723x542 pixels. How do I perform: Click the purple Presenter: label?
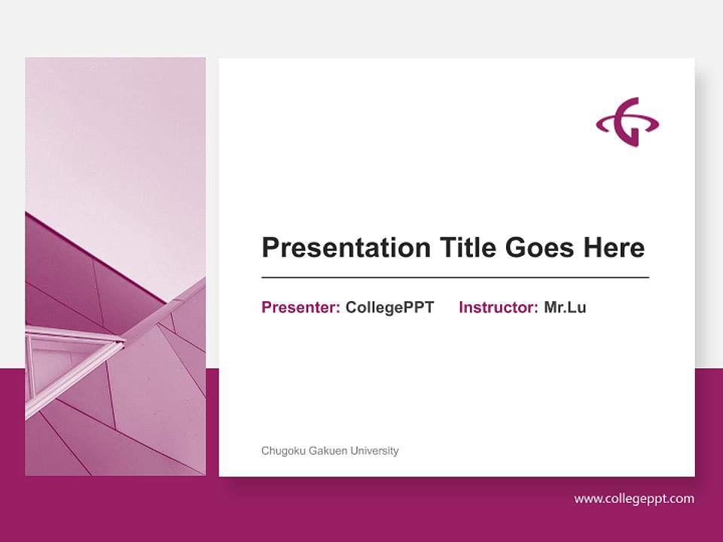[x=300, y=307]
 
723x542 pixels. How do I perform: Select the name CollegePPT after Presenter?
[x=389, y=307]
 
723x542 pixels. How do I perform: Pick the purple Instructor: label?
[x=498, y=307]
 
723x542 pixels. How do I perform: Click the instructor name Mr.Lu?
[x=565, y=307]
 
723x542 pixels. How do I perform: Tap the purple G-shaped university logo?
[x=627, y=122]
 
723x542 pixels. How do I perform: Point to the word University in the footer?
[x=374, y=451]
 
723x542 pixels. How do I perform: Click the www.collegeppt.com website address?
[x=634, y=498]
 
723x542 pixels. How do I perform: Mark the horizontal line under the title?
[x=455, y=278]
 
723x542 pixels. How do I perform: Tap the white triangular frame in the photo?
[x=72, y=354]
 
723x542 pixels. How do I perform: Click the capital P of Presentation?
[x=270, y=248]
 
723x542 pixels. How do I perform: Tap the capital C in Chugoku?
[x=265, y=451]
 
